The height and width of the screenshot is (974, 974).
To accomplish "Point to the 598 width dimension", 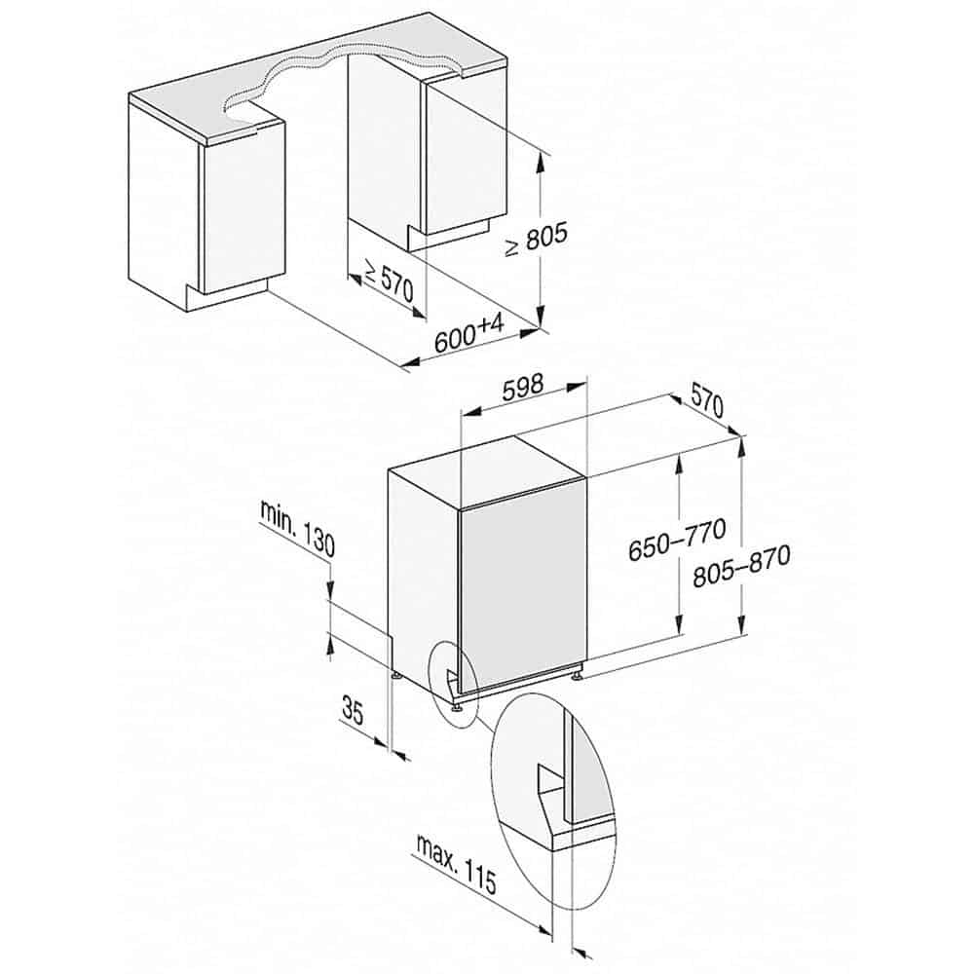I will coord(523,389).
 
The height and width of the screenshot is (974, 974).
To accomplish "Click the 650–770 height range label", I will coord(677,541).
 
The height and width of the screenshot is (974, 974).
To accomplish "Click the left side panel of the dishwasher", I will coord(422,575).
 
